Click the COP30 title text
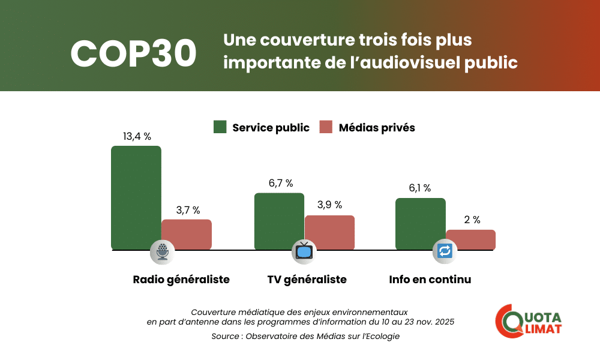pyautogui.click(x=133, y=55)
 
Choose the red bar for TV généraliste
pyautogui.click(x=329, y=232)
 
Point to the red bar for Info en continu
pyautogui.click(x=470, y=239)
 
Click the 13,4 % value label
pyautogui.click(x=137, y=137)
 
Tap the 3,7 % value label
pyautogui.click(x=188, y=210)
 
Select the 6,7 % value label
pyautogui.click(x=280, y=183)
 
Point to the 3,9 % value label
pyautogui.click(x=329, y=205)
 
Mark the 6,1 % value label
pyautogui.click(x=420, y=188)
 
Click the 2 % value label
pyautogui.click(x=472, y=220)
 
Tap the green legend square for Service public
pyautogui.click(x=220, y=127)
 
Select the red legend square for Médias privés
pyautogui.click(x=326, y=127)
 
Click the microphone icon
pyautogui.click(x=162, y=251)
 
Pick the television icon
pyautogui.click(x=304, y=251)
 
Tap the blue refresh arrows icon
pyautogui.click(x=445, y=251)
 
